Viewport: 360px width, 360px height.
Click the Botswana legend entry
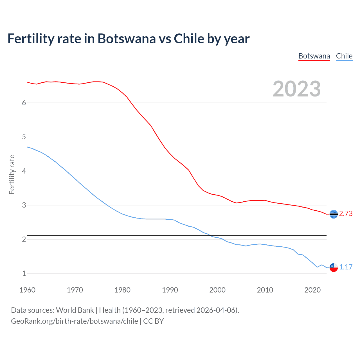pos(314,56)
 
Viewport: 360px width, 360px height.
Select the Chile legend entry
pos(344,56)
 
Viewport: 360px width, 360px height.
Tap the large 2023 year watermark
pos(296,89)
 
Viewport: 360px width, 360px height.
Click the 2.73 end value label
pos(346,213)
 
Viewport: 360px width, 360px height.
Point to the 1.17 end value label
pos(346,267)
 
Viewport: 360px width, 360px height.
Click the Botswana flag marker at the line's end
pos(334,214)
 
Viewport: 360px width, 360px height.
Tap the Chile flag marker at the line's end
pos(334,267)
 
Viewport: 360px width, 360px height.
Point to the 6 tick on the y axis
pos(24,103)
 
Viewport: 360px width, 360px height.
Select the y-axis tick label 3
pos(24,205)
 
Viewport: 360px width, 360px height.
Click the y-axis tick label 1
pos(24,273)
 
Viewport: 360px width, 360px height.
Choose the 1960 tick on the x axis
pos(27,290)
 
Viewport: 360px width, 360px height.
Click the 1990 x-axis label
pos(170,290)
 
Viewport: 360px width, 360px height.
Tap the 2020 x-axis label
pos(312,290)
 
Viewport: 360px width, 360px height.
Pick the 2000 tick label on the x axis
pos(217,290)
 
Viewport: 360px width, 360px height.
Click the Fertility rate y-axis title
pos(12,174)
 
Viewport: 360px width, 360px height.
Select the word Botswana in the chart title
pos(127,39)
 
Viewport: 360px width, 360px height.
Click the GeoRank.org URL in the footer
pos(75,321)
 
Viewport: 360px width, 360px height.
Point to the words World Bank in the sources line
pos(75,310)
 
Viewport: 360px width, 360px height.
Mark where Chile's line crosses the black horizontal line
pos(211,236)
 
